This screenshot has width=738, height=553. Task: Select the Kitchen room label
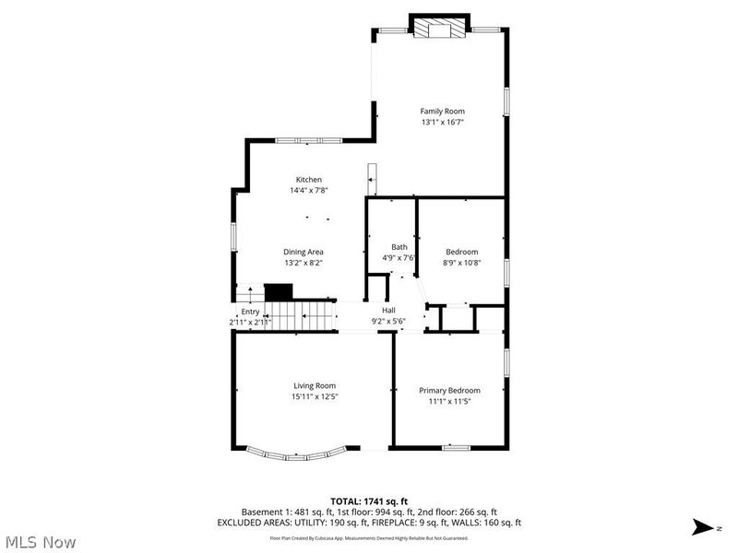[308, 180]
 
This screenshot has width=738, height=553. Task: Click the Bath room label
[399, 247]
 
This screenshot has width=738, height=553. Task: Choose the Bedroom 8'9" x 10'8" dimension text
[462, 263]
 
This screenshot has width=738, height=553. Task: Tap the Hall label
[389, 311]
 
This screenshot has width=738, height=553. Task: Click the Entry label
[251, 312]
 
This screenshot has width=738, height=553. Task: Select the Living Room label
[315, 385]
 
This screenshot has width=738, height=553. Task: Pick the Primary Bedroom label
[449, 390]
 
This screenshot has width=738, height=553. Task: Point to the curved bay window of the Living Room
[297, 453]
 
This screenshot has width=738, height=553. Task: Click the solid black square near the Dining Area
[278, 291]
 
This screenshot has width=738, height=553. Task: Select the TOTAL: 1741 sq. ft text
[369, 500]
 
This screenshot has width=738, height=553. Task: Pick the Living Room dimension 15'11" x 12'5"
[315, 396]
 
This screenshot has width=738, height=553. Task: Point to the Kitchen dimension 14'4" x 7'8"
[309, 191]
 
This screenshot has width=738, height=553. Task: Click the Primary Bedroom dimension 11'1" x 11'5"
[449, 401]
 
